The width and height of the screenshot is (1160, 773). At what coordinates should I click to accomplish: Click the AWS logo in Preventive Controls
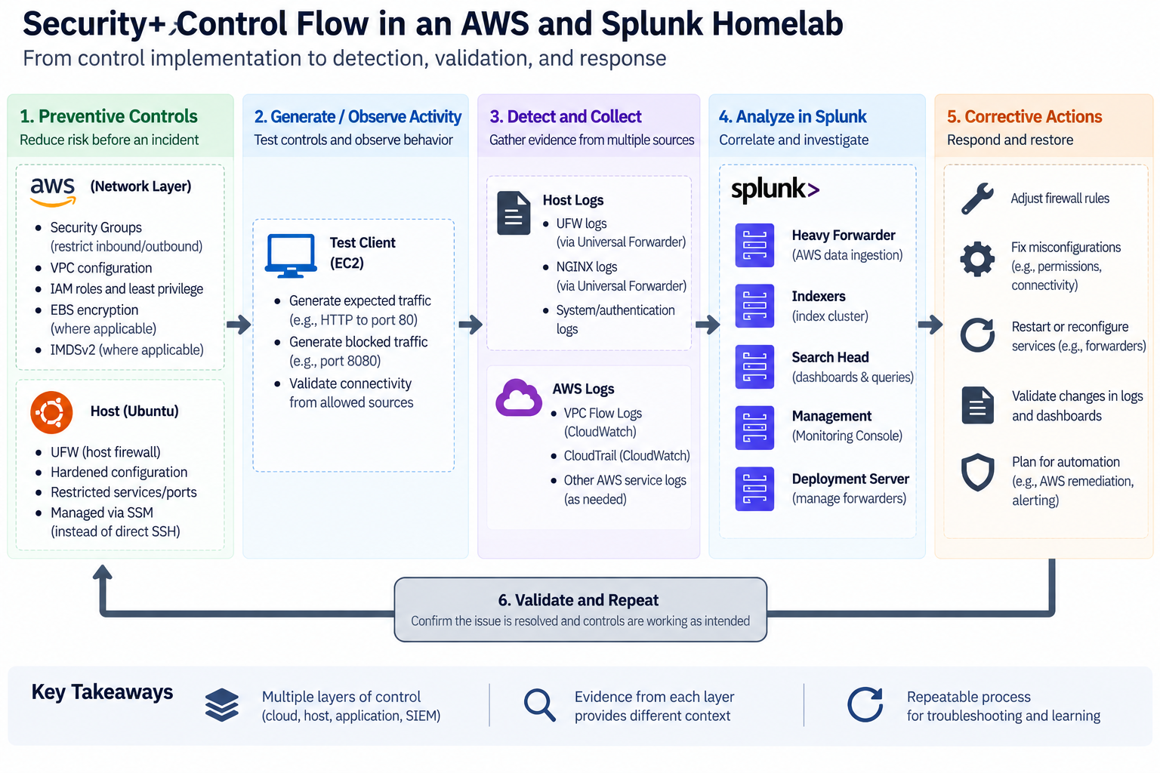(x=53, y=192)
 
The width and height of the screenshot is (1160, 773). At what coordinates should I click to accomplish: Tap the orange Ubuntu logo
(x=51, y=412)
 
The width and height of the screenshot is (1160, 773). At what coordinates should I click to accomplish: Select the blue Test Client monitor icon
(x=291, y=256)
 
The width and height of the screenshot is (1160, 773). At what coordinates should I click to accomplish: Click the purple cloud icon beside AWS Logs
(x=518, y=398)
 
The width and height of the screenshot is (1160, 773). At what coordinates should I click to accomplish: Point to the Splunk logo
(x=775, y=189)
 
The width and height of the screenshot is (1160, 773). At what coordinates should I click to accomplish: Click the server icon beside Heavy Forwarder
(x=754, y=245)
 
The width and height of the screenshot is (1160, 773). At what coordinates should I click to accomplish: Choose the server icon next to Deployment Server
(x=754, y=488)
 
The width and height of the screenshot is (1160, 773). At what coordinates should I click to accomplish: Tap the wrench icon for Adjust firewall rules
(x=977, y=199)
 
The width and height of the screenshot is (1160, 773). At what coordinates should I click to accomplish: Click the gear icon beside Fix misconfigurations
(x=977, y=259)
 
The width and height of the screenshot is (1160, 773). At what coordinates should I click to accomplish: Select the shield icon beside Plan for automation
(x=977, y=473)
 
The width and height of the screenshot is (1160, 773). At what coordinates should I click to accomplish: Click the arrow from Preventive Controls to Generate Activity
(x=239, y=325)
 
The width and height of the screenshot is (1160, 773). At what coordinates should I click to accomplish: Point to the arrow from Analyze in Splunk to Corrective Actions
(x=930, y=325)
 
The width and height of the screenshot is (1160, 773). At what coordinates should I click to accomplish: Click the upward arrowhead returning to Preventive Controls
(x=103, y=571)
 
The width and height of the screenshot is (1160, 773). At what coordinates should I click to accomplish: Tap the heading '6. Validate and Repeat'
(x=578, y=600)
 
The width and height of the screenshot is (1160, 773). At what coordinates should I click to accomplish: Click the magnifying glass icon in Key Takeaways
(x=540, y=705)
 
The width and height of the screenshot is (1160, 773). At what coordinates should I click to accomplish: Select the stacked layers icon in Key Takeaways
(x=221, y=705)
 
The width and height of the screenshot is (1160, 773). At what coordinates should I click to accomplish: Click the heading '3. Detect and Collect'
(x=566, y=116)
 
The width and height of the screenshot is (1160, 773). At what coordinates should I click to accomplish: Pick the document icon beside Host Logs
(x=514, y=214)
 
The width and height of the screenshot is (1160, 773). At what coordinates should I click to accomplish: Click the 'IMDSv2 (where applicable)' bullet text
(x=127, y=350)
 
